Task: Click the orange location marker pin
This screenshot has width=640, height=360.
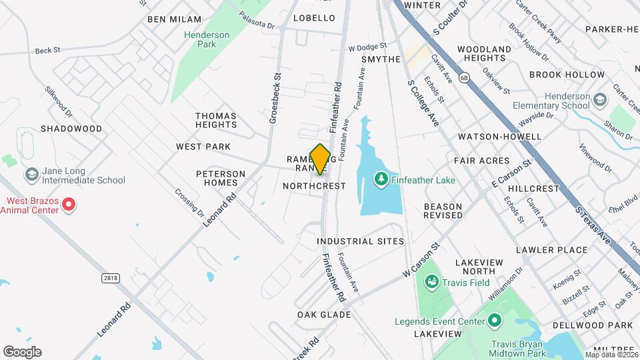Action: click(321, 159)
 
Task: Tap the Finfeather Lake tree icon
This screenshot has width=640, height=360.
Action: click(381, 178)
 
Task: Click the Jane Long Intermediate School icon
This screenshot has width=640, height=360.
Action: click(31, 174)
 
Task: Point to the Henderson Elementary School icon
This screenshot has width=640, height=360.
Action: click(600, 101)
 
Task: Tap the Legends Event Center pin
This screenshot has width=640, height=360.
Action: click(494, 322)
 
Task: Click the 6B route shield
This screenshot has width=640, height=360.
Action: click(464, 78)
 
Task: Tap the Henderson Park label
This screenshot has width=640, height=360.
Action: click(207, 39)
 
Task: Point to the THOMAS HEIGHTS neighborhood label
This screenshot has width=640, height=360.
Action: click(216, 120)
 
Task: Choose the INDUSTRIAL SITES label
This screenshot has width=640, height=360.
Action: click(360, 241)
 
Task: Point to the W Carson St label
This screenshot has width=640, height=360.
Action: click(422, 260)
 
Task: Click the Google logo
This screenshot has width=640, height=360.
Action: click(22, 352)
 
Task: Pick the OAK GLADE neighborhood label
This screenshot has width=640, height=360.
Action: click(324, 315)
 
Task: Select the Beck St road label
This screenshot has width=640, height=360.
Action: click(47, 49)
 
